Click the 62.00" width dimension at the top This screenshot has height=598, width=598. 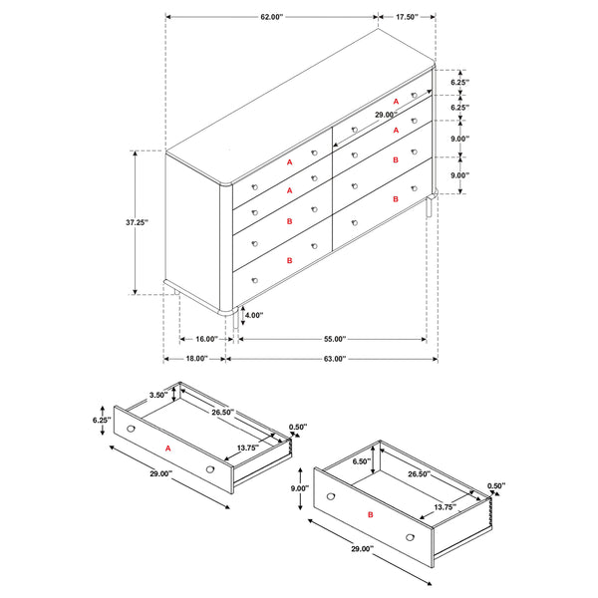pyautogui.click(x=270, y=17)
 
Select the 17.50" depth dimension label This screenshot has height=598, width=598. pyautogui.click(x=406, y=17)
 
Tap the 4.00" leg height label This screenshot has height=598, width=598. pyautogui.click(x=254, y=315)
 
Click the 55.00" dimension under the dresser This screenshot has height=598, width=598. pyautogui.click(x=333, y=339)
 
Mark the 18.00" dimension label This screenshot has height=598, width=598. pyautogui.click(x=195, y=358)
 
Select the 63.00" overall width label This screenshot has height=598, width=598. pyautogui.click(x=333, y=358)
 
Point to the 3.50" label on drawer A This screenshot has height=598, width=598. pyautogui.click(x=156, y=395)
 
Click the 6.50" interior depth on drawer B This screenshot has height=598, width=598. pyautogui.click(x=362, y=460)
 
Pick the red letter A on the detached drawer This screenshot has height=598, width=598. pyautogui.click(x=167, y=448)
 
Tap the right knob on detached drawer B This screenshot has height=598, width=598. pyautogui.click(x=411, y=538)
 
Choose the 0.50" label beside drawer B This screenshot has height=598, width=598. pyautogui.click(x=496, y=486)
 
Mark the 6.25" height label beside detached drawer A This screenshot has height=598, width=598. pyautogui.click(x=100, y=421)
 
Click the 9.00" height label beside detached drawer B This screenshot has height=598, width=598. pyautogui.click(x=299, y=488)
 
